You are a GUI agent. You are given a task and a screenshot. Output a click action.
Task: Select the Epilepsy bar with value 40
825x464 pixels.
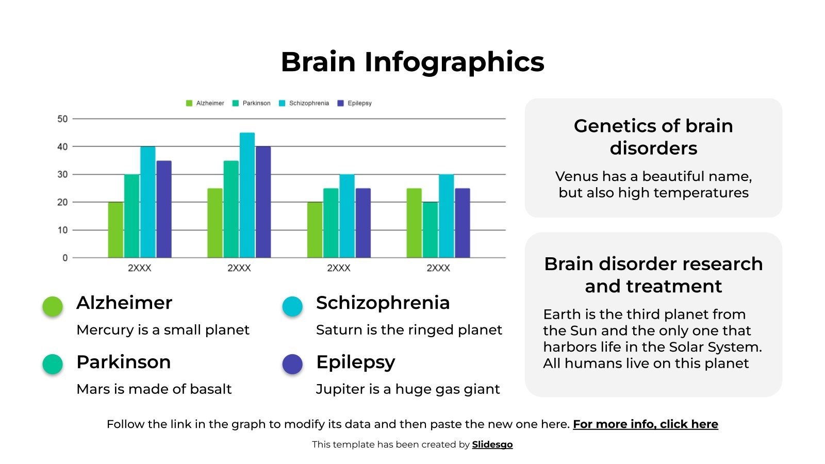tap(263, 202)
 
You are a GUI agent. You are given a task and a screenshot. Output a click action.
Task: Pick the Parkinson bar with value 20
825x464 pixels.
tap(430, 229)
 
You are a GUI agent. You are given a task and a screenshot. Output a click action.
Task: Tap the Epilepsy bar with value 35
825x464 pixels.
tap(164, 209)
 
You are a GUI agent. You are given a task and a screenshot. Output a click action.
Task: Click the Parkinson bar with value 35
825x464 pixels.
tap(231, 209)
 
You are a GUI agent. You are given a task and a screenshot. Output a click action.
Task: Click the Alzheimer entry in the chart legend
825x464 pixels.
tap(205, 103)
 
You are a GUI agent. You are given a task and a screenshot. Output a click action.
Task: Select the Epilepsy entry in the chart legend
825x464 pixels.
tap(355, 103)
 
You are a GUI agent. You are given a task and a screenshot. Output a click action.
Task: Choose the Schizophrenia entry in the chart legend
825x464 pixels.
tap(304, 103)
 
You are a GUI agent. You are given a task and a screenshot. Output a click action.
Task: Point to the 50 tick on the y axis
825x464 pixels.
tap(62, 119)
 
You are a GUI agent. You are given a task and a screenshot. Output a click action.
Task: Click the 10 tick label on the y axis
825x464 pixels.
tap(62, 230)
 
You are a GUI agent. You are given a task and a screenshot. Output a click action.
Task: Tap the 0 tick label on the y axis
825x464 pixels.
tap(65, 258)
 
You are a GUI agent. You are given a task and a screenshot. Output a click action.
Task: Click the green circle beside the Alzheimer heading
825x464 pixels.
tap(53, 306)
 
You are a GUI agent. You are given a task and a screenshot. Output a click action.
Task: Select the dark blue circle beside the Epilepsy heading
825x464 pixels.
tap(292, 364)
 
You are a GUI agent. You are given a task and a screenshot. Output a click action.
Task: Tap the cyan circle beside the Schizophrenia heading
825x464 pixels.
tap(292, 306)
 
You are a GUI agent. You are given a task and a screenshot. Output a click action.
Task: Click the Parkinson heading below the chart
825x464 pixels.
tap(123, 362)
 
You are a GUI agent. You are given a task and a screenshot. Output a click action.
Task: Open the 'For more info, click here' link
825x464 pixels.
tap(645, 424)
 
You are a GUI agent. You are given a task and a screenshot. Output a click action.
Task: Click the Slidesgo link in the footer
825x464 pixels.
tap(492, 444)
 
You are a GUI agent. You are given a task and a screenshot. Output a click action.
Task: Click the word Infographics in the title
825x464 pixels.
tap(454, 62)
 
